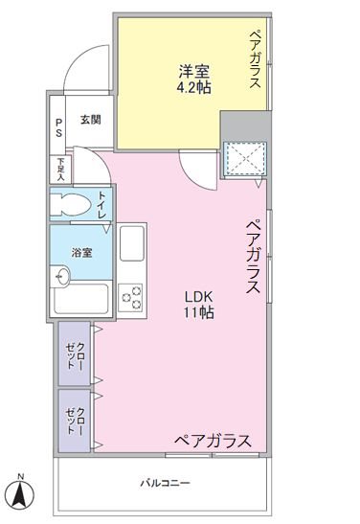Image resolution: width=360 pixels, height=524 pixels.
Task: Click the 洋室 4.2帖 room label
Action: click(194, 80)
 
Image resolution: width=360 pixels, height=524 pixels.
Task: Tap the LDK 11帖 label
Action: click(199, 305)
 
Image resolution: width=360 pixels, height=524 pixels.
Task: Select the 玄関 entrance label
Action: click(91, 120)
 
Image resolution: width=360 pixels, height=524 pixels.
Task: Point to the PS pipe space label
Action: click(58, 127)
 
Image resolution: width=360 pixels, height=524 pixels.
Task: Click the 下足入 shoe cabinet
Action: click(60, 170)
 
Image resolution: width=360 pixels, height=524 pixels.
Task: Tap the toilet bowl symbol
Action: click(71, 204)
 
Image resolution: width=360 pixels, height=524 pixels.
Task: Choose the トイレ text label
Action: click(102, 205)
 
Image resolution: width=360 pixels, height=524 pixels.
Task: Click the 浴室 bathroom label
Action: click(81, 253)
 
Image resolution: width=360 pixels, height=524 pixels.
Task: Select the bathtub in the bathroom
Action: click(81, 299)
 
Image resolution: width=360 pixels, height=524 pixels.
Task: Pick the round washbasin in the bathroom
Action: click(60, 276)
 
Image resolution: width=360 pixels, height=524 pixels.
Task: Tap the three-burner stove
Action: click(130, 297)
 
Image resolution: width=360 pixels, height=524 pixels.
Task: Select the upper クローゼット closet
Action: click(75, 353)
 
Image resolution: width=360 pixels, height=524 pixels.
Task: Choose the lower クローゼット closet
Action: click(75, 421)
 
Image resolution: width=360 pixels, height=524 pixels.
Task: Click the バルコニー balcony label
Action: click(165, 483)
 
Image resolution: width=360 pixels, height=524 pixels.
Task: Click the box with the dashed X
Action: click(245, 159)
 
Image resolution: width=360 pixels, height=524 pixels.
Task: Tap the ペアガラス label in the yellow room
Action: click(255, 59)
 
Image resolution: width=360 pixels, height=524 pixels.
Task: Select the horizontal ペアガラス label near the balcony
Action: click(213, 441)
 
